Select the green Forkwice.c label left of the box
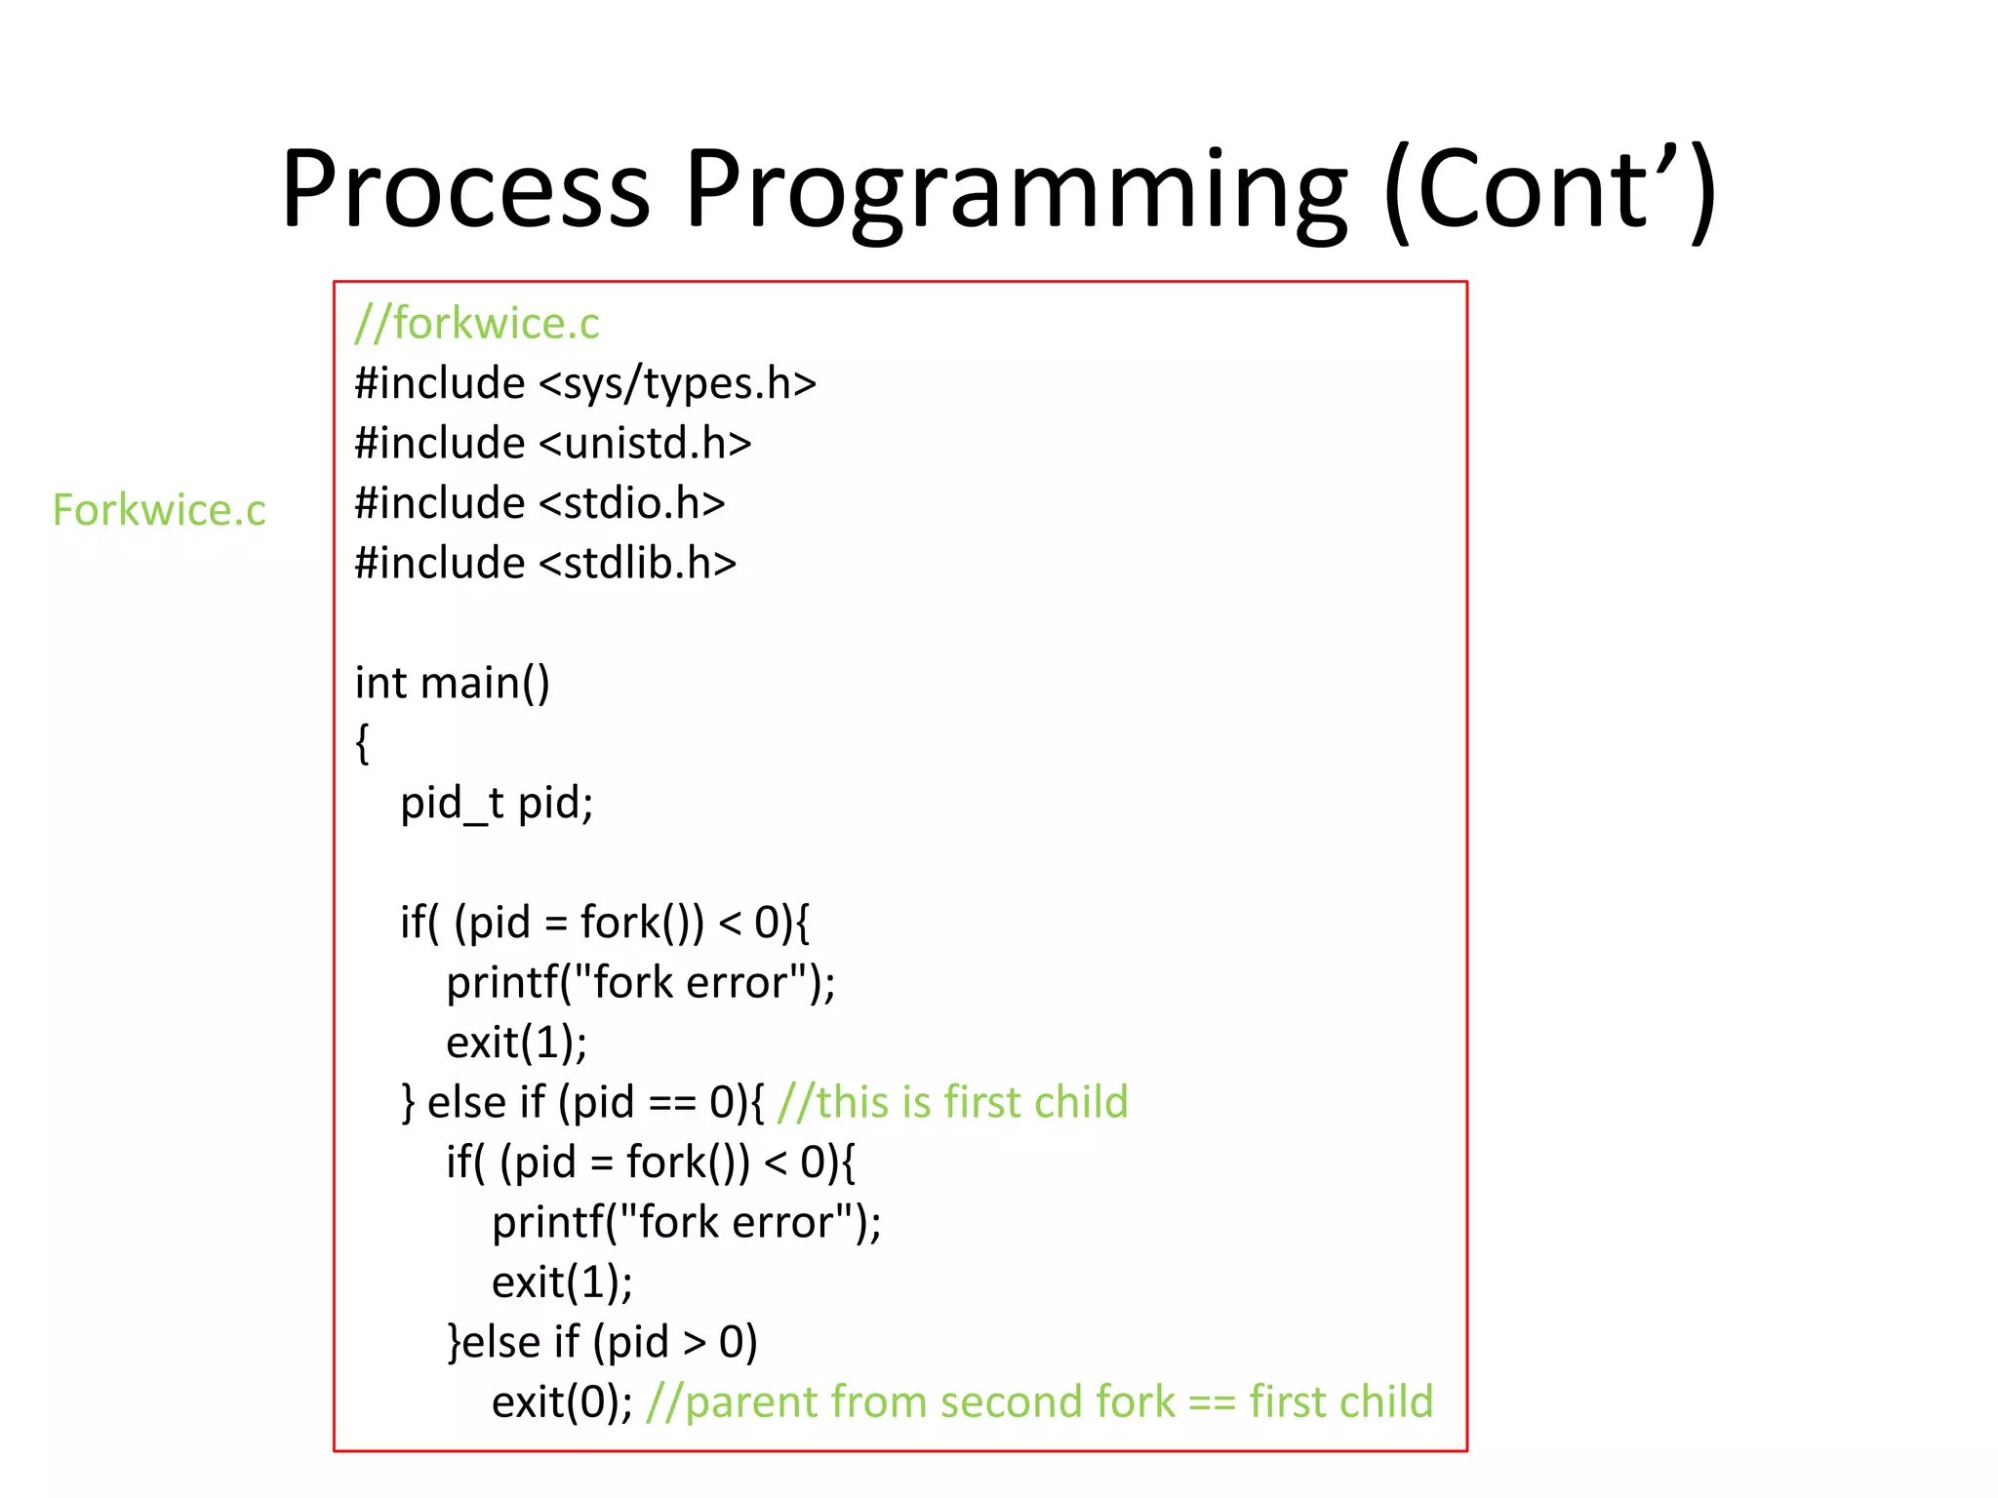point(159,510)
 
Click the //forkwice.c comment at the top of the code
point(477,324)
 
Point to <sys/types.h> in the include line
point(677,383)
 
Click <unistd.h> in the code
point(645,444)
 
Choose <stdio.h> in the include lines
point(632,503)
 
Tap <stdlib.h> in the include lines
point(637,564)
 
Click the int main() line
point(453,683)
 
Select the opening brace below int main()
point(363,743)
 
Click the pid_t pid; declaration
point(497,803)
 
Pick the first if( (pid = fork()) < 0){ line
point(605,923)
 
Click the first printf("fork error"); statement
point(640,982)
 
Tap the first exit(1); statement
point(516,1043)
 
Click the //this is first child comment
point(952,1102)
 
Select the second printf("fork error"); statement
point(686,1222)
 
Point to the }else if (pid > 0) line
point(602,1342)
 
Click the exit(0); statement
point(562,1402)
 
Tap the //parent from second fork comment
point(1039,1402)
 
